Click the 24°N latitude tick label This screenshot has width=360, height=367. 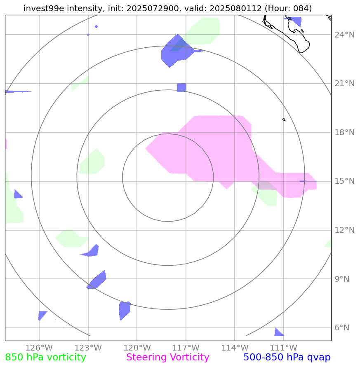tap(344, 35)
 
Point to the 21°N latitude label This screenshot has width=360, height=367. tap(344, 84)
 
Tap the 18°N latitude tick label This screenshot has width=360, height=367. tap(344, 133)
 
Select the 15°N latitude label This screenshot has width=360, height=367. tap(344, 181)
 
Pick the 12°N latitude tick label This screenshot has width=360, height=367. tap(344, 230)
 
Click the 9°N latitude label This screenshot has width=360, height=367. tap(342, 279)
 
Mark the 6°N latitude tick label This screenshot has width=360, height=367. tap(342, 328)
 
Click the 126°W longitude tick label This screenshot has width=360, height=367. tap(39, 348)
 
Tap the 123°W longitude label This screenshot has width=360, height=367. tap(88, 348)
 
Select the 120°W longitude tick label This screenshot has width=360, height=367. tap(137, 348)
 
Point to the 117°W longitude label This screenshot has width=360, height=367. tap(186, 348)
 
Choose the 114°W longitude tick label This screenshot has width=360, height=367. tap(235, 348)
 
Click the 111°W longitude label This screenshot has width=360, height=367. tap(283, 348)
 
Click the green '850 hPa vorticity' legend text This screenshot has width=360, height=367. tap(45, 358)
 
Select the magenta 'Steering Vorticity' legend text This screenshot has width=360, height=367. tap(168, 358)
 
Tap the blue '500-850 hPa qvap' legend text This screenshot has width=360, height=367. tap(287, 358)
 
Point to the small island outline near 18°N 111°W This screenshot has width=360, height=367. tap(284, 119)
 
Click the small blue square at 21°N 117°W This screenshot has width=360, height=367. tap(181, 87)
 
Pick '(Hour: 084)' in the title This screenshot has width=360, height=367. tap(288, 8)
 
